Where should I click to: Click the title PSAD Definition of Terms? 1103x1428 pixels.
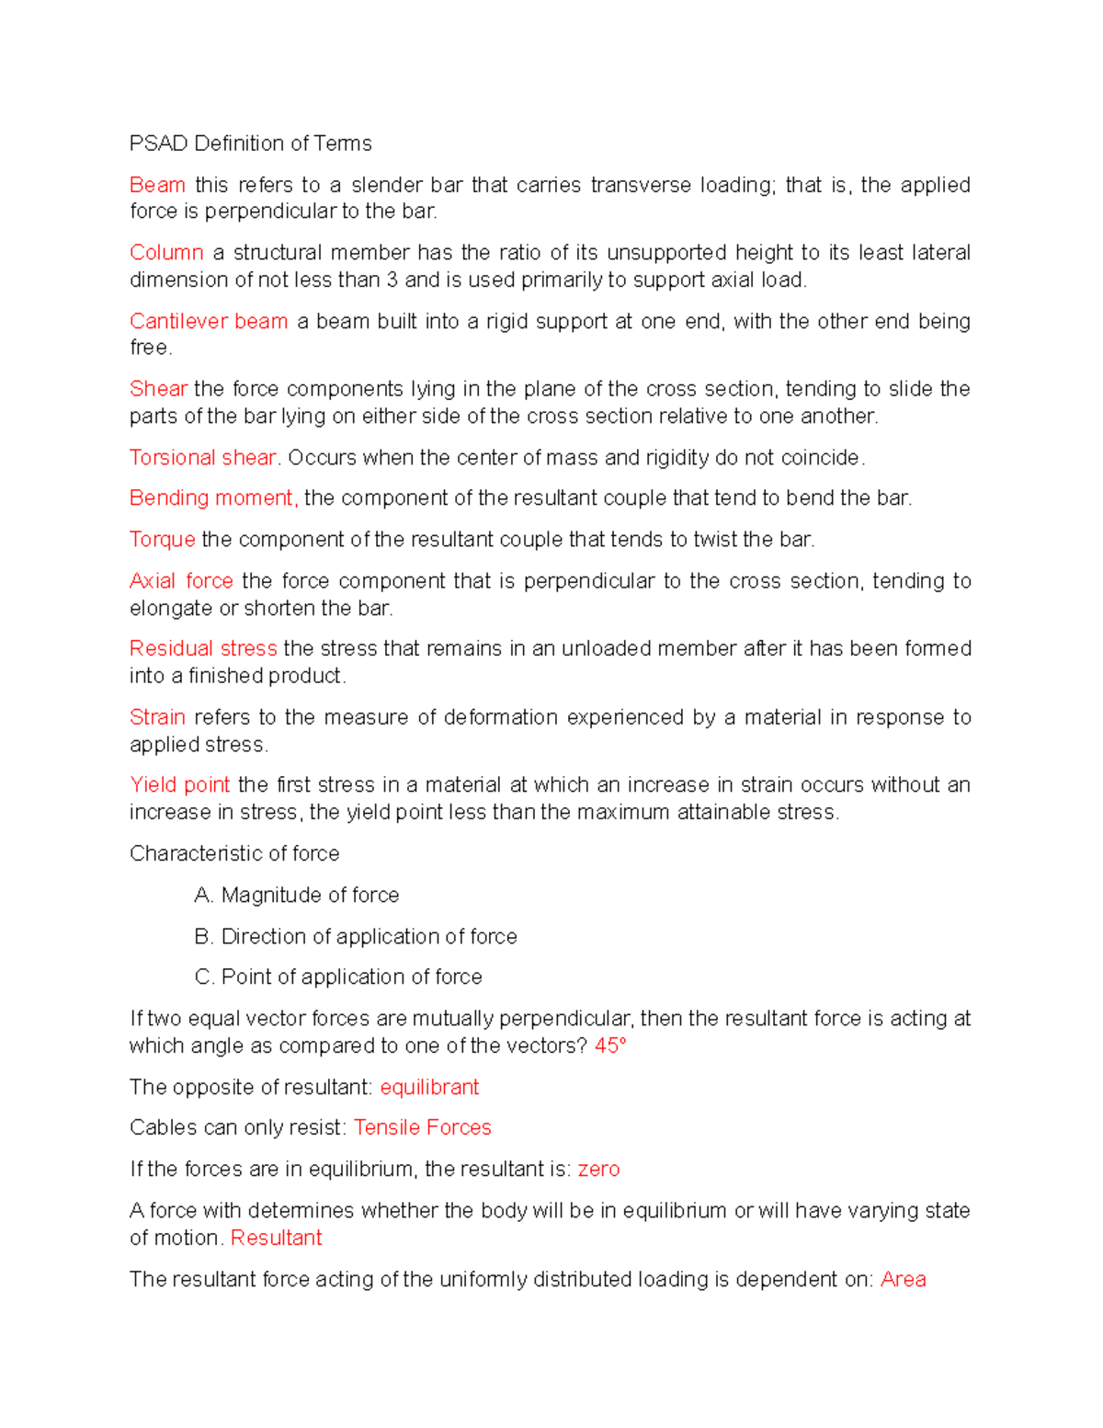tap(250, 143)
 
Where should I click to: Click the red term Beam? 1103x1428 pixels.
tap(157, 185)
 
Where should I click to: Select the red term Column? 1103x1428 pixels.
tap(166, 253)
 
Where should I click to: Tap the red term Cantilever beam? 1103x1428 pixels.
tap(209, 321)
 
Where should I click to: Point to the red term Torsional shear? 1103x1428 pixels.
tap(202, 457)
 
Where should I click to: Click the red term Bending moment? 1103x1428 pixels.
tap(213, 498)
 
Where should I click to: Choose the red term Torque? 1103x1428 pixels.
tap(162, 540)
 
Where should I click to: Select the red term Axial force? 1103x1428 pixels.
tap(181, 581)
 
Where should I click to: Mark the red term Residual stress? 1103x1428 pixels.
tap(203, 648)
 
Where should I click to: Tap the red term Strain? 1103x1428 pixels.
tap(157, 717)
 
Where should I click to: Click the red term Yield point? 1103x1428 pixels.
tap(179, 785)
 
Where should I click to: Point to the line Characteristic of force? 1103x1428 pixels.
tap(234, 853)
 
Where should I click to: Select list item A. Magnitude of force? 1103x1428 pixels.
tap(297, 895)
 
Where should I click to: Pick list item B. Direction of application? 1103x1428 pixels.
tap(356, 936)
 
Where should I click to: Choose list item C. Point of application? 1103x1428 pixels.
tap(338, 977)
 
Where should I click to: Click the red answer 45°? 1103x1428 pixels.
tap(610, 1045)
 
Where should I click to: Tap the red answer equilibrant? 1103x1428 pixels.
tap(429, 1087)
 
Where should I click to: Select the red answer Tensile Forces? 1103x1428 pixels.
tap(422, 1127)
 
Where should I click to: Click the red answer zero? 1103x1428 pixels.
tap(598, 1169)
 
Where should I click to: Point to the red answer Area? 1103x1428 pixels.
tap(903, 1279)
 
